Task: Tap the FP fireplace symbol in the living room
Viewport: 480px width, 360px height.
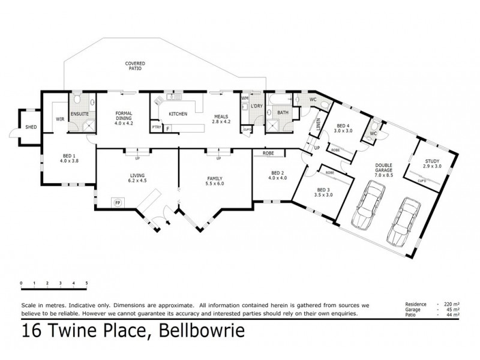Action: coord(118,203)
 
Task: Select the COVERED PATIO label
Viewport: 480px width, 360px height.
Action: coord(135,66)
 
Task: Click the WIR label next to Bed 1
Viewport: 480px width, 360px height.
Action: coord(60,119)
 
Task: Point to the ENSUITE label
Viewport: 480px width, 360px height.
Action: coord(80,113)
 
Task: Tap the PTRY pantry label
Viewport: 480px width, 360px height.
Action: coord(156,128)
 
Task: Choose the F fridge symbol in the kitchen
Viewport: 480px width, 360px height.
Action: coord(168,128)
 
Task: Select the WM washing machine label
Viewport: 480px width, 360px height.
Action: coord(245,98)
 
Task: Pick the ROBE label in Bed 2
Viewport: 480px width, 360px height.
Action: coord(268,153)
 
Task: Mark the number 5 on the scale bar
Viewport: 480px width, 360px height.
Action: coord(87,283)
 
